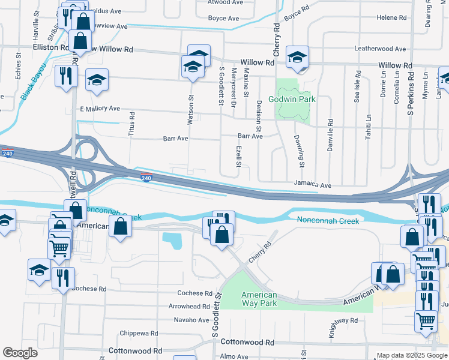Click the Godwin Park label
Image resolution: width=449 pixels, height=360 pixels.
tap(292, 99)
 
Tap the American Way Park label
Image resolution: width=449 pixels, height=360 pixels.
tap(259, 299)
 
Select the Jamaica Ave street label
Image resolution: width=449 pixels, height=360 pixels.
tap(312, 185)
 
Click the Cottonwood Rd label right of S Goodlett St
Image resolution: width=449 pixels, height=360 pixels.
tap(244, 341)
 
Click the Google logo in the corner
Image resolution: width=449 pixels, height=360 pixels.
tap(20, 353)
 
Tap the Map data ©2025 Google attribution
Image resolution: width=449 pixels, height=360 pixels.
tap(411, 355)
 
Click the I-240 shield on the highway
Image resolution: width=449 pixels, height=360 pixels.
tap(146, 177)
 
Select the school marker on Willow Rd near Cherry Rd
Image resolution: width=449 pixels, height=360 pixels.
tap(297, 57)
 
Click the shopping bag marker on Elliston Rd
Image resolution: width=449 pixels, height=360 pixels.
tap(80, 41)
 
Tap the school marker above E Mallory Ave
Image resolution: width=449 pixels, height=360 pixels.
tap(96, 81)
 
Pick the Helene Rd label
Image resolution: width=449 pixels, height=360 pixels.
tap(391, 17)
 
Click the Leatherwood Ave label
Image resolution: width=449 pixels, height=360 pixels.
tap(380, 49)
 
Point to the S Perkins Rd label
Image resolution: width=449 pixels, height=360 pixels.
tap(411, 94)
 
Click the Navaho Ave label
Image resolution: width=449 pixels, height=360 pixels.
tap(192, 320)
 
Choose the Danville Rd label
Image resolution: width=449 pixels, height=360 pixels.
tap(330, 135)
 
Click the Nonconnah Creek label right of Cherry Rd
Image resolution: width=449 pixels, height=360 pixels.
tap(328, 221)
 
